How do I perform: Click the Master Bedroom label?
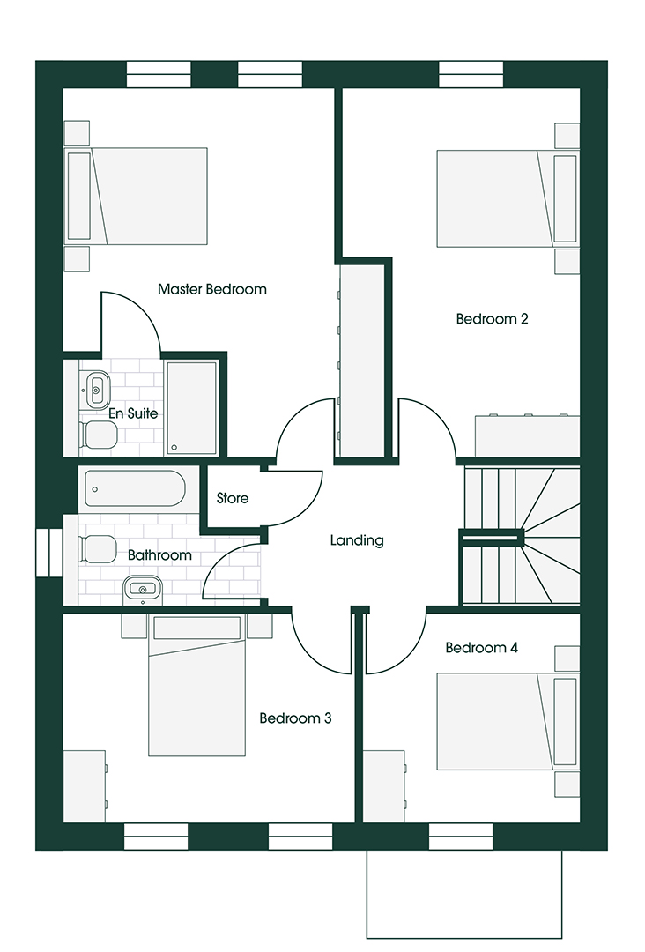point(211,289)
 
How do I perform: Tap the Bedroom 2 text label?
point(492,319)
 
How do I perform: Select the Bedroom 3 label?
point(295,718)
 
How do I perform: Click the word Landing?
point(357,540)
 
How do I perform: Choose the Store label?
point(233,499)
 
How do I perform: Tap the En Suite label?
point(133,413)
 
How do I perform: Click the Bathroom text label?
point(159,555)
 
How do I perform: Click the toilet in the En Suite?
point(98,434)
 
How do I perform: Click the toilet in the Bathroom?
point(95,549)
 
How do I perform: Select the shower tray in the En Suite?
point(191,406)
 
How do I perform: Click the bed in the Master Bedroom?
point(141,196)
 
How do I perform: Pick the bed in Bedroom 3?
point(196,696)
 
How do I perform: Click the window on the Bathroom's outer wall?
point(49,553)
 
